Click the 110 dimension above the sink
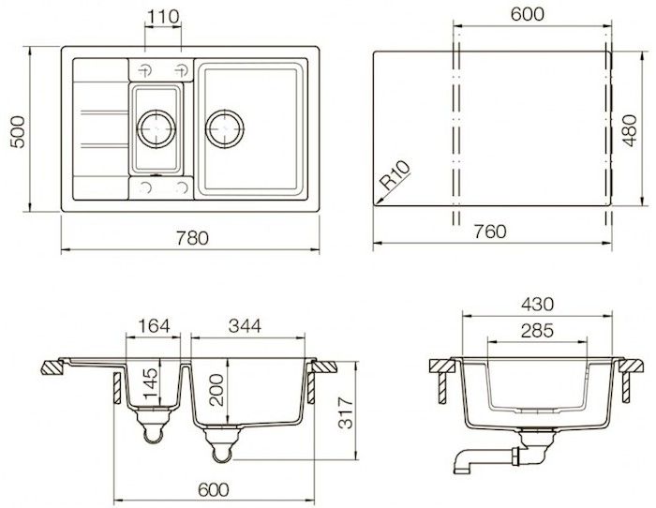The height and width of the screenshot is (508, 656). [x=163, y=17]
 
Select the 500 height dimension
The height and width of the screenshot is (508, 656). [x=18, y=132]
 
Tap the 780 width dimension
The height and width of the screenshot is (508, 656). [x=192, y=238]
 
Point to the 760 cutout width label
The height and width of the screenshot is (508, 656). [x=490, y=232]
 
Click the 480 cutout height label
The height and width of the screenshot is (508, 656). [x=629, y=130]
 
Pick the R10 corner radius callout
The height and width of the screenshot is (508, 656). [x=395, y=175]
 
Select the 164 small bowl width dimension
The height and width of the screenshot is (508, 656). [x=154, y=326]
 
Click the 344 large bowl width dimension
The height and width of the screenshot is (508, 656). [x=245, y=326]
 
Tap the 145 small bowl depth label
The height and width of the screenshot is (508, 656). [x=150, y=383]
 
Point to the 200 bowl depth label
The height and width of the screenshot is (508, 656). [x=217, y=390]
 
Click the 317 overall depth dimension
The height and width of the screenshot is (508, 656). [x=347, y=413]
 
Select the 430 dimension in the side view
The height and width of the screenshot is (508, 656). [x=537, y=305]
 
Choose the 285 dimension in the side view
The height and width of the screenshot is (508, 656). [x=537, y=331]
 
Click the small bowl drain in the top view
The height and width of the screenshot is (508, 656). [x=157, y=129]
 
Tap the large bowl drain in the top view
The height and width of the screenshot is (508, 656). [x=225, y=129]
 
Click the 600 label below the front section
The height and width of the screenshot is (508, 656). [x=214, y=489]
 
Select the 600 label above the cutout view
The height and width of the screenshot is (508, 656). [x=527, y=14]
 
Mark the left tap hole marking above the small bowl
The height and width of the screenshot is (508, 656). [x=145, y=70]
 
